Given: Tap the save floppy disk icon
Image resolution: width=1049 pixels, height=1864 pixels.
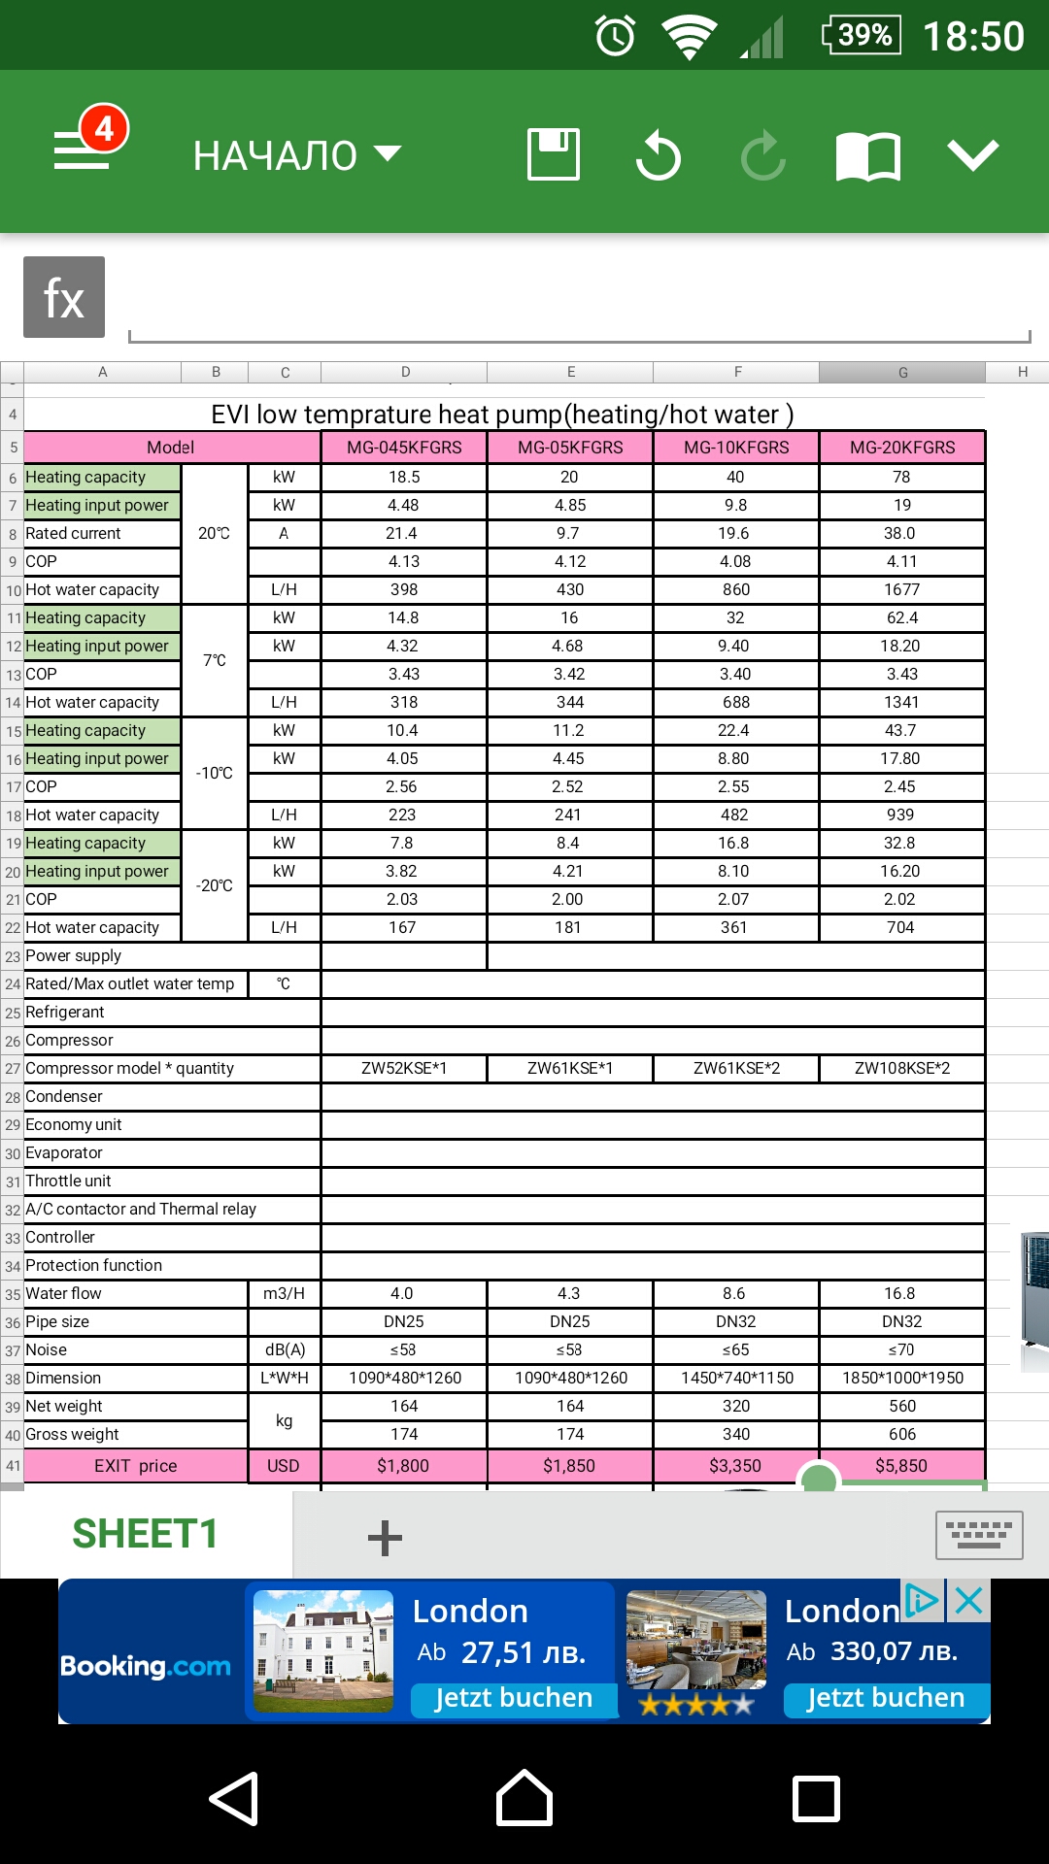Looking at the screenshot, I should [554, 154].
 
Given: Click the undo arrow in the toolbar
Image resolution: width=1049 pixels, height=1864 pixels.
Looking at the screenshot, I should [659, 155].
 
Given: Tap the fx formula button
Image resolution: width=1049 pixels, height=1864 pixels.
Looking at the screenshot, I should [64, 297].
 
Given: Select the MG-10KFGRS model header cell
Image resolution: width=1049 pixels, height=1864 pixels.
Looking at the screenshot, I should [736, 448].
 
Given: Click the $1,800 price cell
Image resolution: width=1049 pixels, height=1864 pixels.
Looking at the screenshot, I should [403, 1466].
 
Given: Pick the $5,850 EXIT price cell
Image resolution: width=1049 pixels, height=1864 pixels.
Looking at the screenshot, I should [901, 1466].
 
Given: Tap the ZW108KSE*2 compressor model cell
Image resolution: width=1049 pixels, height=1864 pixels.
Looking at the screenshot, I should [901, 1068].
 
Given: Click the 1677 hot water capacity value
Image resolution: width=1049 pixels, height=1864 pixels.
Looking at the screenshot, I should [901, 589].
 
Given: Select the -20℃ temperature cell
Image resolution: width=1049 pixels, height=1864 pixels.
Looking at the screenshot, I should [215, 885].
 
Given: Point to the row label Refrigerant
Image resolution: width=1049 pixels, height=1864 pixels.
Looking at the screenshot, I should [65, 1012].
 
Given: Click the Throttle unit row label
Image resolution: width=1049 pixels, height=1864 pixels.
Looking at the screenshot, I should [69, 1181].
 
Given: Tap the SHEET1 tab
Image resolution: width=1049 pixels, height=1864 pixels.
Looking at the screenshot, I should [145, 1534].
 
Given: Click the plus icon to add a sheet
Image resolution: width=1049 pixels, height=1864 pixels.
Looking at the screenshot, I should [385, 1538].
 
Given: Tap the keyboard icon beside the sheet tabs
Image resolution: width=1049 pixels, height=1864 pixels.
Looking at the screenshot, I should [978, 1535].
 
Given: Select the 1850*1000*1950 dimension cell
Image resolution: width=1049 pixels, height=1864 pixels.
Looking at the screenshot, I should [902, 1378].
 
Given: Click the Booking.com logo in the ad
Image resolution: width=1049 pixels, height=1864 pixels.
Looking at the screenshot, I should [146, 1666].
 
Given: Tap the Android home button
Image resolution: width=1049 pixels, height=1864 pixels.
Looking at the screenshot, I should [524, 1798].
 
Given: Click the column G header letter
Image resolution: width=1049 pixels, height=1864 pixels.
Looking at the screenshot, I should [902, 372].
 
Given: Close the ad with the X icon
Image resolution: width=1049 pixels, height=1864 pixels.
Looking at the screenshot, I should [968, 1600].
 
